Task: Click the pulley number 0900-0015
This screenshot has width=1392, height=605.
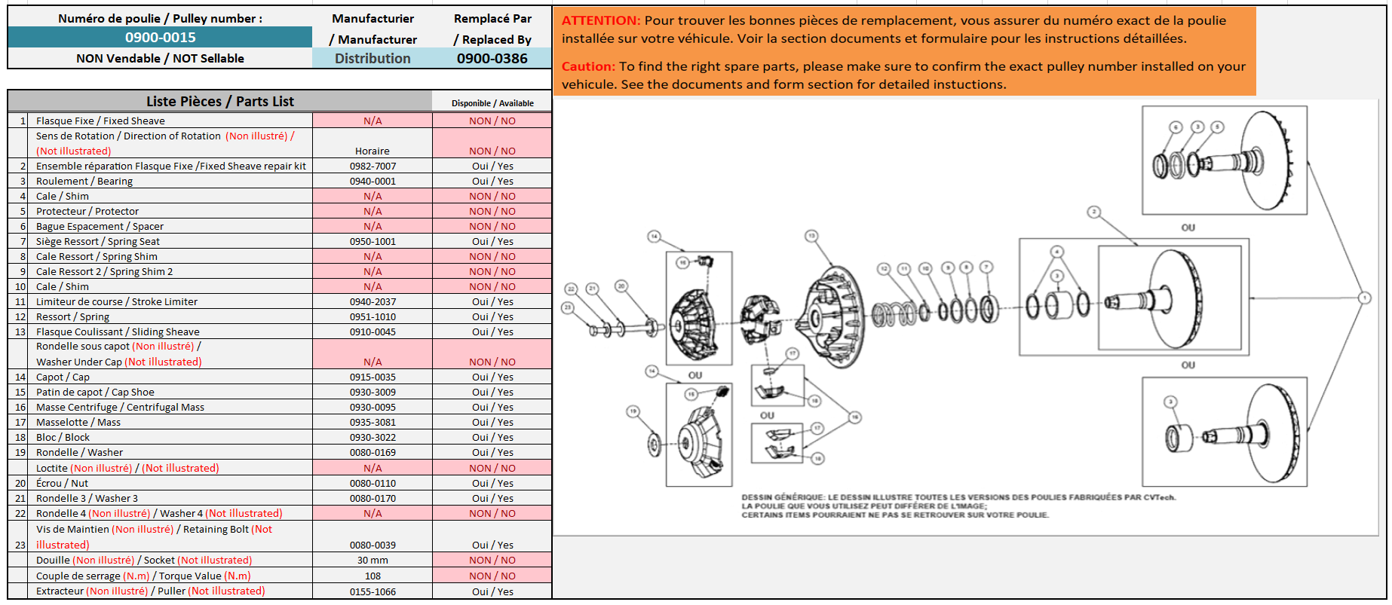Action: [x=160, y=38]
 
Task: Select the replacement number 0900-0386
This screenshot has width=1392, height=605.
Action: [x=492, y=59]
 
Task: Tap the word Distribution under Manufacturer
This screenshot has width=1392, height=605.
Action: [x=373, y=59]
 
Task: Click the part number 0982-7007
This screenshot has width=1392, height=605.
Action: [x=373, y=167]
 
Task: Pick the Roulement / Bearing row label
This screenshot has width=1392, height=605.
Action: [x=84, y=182]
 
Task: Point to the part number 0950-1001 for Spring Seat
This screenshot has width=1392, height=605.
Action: [x=373, y=242]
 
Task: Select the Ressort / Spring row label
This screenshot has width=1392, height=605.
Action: [x=72, y=317]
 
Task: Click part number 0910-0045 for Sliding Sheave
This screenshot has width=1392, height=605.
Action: [x=373, y=332]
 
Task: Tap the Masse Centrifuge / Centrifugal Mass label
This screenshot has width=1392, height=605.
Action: [x=120, y=408]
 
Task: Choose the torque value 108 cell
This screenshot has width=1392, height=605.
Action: [x=373, y=576]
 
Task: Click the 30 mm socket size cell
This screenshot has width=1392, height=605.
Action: [x=373, y=561]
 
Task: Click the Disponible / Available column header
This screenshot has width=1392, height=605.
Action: [x=492, y=103]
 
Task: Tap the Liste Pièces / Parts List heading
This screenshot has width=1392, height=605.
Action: [x=220, y=102]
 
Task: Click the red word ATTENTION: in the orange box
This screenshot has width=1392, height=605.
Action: [x=600, y=21]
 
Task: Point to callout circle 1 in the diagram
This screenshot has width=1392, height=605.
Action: [x=1365, y=298]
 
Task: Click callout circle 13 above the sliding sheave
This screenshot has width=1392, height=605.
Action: [x=811, y=236]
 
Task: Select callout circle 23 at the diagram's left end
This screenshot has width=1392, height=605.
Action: [x=568, y=307]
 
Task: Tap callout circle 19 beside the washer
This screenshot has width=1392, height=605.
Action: [x=633, y=411]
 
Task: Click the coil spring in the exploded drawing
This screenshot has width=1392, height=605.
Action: [x=894, y=313]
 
